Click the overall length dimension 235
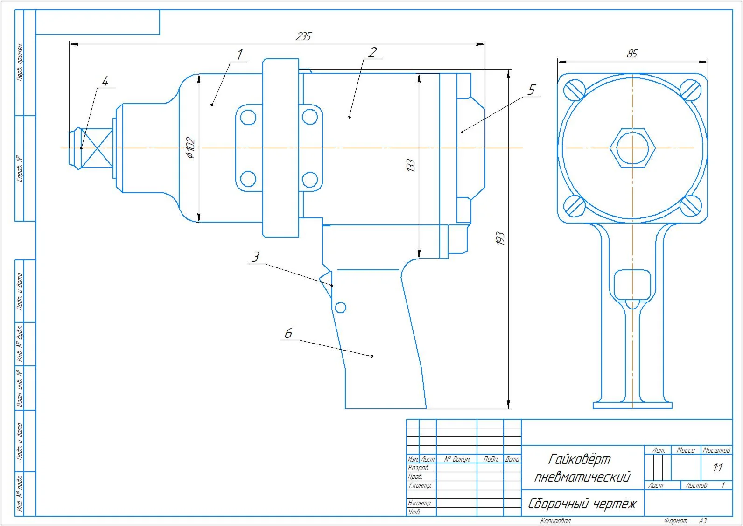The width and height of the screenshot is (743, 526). point(303,36)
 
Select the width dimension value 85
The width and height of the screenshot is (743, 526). point(632,54)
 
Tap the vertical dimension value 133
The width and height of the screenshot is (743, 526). point(411,165)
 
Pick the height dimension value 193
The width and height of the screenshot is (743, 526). point(500,238)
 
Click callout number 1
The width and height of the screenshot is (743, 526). point(239,55)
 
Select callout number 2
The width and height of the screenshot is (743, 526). point(372,52)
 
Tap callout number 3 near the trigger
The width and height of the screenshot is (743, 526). point(255,257)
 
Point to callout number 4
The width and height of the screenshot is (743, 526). point(105,81)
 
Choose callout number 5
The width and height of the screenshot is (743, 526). point(532,90)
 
